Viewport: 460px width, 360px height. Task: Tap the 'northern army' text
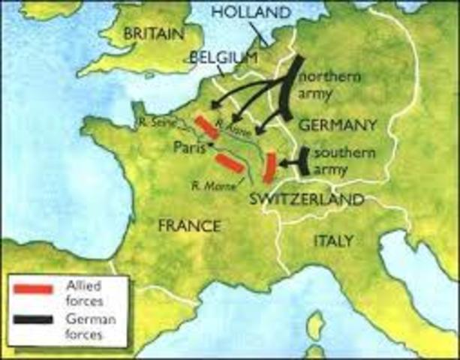click(x=330, y=85)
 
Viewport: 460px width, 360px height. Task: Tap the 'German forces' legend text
click(x=84, y=327)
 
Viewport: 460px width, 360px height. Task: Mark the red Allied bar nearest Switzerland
click(x=268, y=166)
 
